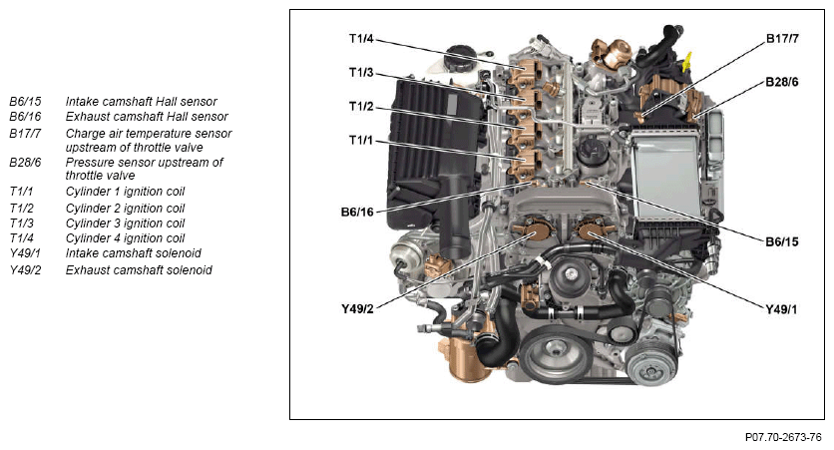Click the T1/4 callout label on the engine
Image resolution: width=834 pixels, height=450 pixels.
tap(361, 39)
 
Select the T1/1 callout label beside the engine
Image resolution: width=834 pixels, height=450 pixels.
tap(361, 141)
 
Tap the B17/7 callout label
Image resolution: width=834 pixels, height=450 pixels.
tap(782, 39)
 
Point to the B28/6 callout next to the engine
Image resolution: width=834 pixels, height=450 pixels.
tap(782, 82)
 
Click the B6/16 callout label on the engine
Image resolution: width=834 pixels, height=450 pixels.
tap(357, 213)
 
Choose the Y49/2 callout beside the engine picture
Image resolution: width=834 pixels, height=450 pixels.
tap(357, 309)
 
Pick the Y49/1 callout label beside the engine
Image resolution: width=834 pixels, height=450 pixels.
tap(782, 309)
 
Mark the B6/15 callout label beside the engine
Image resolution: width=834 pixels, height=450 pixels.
tap(782, 242)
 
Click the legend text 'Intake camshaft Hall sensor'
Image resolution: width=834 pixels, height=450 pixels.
tap(141, 102)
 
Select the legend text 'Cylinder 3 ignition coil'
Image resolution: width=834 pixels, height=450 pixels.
tap(125, 224)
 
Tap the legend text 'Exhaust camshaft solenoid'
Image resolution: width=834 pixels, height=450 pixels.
tap(139, 270)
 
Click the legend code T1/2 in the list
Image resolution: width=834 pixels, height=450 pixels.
tap(21, 209)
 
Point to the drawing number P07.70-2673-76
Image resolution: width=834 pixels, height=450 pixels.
tap(783, 438)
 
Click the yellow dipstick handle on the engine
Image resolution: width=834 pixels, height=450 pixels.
tap(686, 62)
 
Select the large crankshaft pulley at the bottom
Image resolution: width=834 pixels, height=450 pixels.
tap(556, 355)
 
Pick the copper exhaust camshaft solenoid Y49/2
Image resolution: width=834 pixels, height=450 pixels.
tap(533, 230)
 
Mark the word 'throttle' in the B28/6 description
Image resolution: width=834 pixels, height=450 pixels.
tap(85, 176)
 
